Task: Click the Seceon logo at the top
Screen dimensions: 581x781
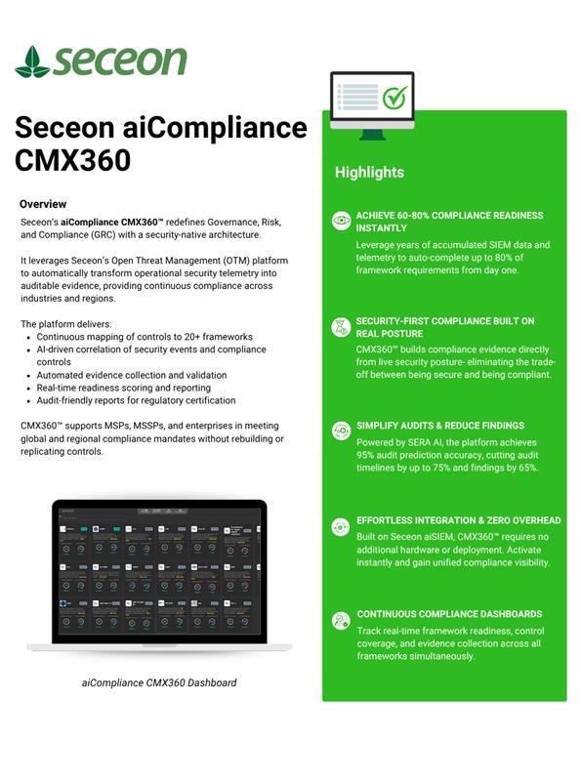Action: (x=101, y=61)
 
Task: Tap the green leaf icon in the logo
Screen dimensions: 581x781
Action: (x=32, y=62)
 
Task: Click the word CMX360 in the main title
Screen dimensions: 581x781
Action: (x=73, y=160)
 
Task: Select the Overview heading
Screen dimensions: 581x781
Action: (x=43, y=204)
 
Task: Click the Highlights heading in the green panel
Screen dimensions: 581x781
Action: (x=369, y=172)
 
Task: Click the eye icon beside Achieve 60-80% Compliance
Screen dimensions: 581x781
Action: (x=341, y=221)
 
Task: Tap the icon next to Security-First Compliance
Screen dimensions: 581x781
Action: (x=341, y=326)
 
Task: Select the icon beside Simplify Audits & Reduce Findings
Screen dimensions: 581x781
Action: (x=341, y=431)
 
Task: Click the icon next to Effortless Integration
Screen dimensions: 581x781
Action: (x=341, y=526)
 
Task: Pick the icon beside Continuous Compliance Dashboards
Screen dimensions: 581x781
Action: (x=341, y=620)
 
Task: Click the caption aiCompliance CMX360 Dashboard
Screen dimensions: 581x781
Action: (x=159, y=682)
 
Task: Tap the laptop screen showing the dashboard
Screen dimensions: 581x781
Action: (x=159, y=571)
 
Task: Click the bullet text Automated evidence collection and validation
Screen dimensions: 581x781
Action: (x=132, y=375)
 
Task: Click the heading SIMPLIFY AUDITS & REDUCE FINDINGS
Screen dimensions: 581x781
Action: (x=439, y=426)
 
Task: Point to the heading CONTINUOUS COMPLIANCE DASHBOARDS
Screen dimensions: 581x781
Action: (x=449, y=614)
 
